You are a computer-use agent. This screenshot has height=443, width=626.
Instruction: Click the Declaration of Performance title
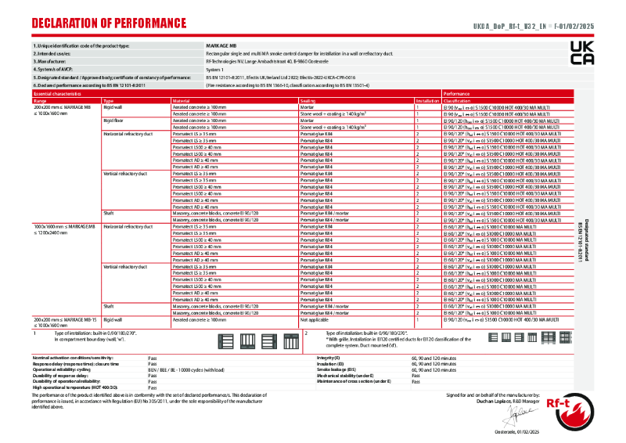[x=109, y=23]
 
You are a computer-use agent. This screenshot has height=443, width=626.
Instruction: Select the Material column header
[x=181, y=101]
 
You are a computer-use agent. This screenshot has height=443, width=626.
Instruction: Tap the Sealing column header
[x=308, y=101]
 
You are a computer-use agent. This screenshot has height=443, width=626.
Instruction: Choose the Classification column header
[x=457, y=101]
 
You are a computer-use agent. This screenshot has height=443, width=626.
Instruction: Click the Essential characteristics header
[x=59, y=93]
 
